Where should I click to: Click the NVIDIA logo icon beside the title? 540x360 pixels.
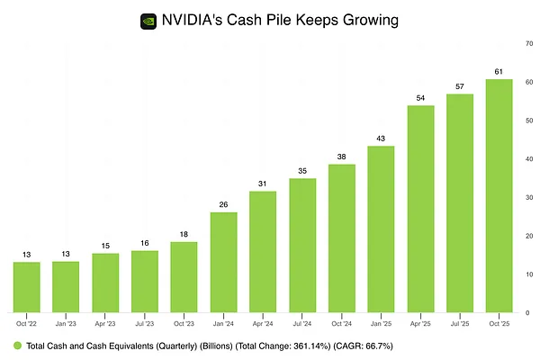point(148,19)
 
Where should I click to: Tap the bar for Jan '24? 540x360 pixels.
point(223,262)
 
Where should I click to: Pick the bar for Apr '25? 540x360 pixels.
point(420,209)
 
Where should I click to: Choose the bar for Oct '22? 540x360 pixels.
point(26,287)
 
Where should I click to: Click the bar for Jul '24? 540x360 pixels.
point(302,245)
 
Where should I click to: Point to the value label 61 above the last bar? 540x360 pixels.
point(499,70)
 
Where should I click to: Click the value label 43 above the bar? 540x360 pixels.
point(381,138)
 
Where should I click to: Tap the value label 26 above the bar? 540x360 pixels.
point(223,203)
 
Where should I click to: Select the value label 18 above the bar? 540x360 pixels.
point(184,234)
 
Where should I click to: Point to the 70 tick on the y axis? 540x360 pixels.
point(527,43)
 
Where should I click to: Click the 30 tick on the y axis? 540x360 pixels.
point(527,197)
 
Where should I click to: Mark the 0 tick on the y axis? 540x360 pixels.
point(526,312)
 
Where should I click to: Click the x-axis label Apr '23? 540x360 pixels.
point(105,323)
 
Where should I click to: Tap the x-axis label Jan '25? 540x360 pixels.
point(381,323)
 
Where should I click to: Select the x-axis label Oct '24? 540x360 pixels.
point(341,323)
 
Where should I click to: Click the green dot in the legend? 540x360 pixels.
point(16,346)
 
